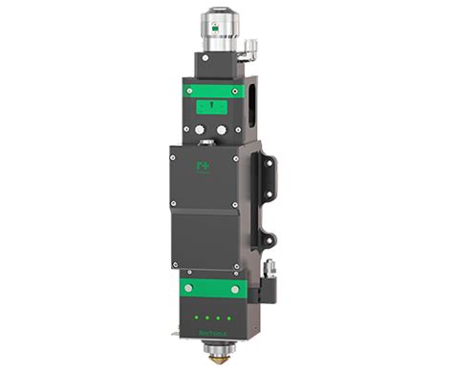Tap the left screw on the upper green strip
click(x=191, y=92)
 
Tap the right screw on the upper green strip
click(x=236, y=92)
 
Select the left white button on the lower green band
click(x=188, y=287)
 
